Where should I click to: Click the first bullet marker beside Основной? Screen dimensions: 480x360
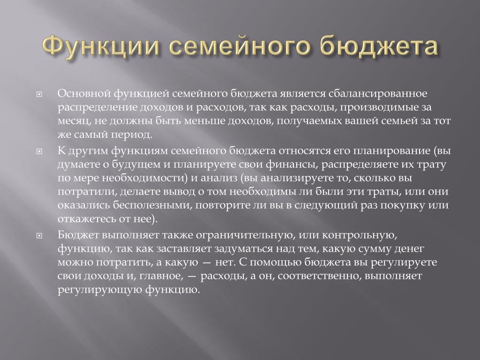point(39,95)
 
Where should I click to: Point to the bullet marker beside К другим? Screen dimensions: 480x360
point(39,151)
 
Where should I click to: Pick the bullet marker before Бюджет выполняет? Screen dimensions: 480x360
point(39,236)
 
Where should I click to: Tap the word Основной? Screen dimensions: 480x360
point(84,93)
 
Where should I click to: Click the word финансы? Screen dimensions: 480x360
point(292,165)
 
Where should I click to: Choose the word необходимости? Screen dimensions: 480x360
point(144,178)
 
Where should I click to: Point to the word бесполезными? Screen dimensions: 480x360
point(154,205)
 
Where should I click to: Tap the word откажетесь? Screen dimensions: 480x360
point(87,219)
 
